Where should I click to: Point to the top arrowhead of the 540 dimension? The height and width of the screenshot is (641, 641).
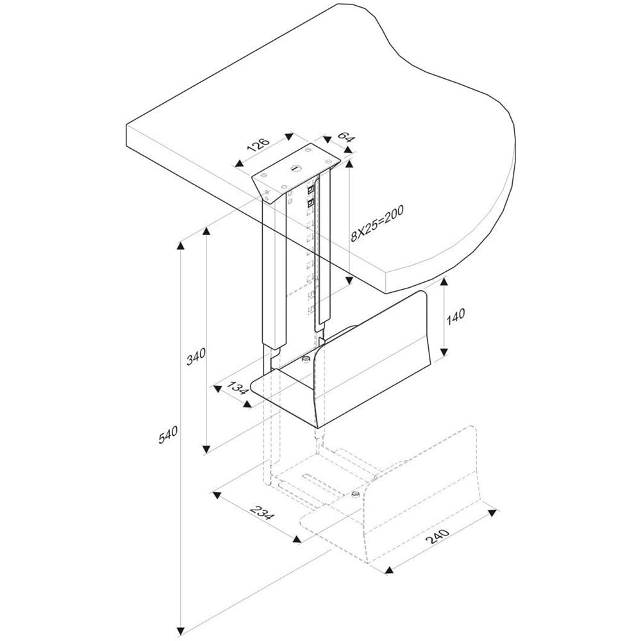(183, 246)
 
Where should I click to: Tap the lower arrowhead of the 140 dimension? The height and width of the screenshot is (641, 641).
(444, 353)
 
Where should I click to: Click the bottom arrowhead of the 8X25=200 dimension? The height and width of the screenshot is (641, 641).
(349, 280)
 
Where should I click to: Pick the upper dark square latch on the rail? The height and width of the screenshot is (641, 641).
(312, 190)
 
